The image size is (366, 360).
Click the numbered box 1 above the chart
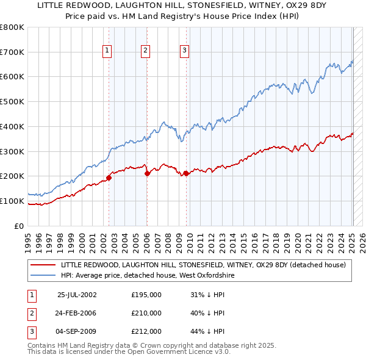(107, 51)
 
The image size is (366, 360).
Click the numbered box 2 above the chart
(146, 51)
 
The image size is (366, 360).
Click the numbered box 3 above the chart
(184, 51)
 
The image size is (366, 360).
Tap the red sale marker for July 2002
(109, 178)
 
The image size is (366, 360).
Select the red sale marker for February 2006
(147, 174)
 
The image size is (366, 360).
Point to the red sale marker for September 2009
(186, 173)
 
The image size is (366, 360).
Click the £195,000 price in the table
(146, 295)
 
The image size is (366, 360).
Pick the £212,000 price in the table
(146, 331)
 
